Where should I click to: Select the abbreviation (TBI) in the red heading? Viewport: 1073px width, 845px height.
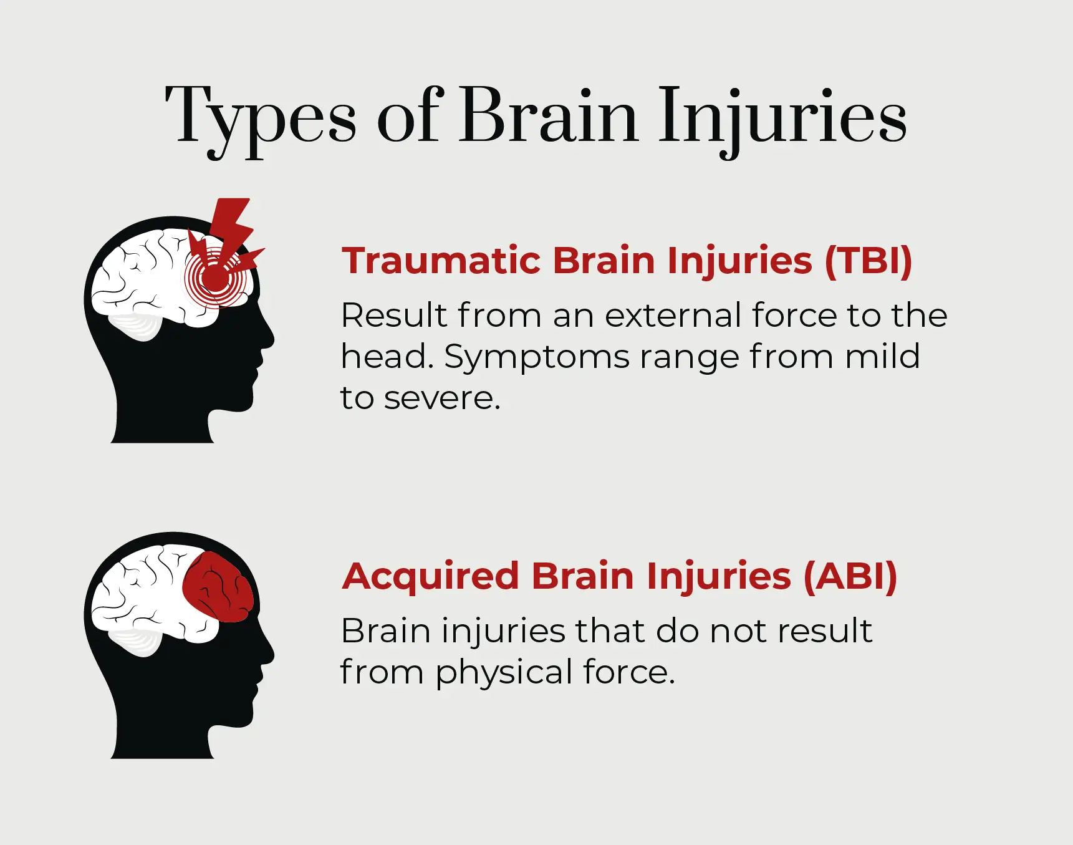[869, 261]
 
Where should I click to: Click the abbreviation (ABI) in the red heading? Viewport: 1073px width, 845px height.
[850, 576]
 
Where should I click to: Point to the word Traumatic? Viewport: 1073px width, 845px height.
[441, 261]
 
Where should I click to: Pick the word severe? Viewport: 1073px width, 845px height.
[442, 399]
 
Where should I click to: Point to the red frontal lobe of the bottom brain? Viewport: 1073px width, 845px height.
[218, 587]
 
